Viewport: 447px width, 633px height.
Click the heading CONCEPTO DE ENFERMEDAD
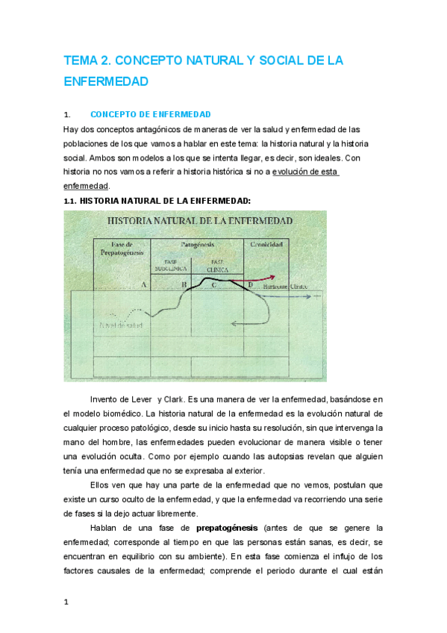pos(150,115)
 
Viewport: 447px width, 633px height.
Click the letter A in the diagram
pos(143,285)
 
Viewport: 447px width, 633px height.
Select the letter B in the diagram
pos(184,285)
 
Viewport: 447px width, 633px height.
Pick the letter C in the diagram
pos(214,285)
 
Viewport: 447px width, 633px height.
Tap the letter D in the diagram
pos(250,285)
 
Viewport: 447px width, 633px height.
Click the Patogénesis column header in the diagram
pos(199,245)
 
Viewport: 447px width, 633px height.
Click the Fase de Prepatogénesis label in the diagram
pos(121,249)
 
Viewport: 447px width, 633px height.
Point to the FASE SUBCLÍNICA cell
pos(171,265)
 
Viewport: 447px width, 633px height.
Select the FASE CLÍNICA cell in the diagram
pos(218,265)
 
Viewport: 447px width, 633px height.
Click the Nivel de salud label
pos(122,325)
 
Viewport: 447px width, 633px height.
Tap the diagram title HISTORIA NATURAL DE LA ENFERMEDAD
pos(199,222)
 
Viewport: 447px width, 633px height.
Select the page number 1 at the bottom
pos(66,602)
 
